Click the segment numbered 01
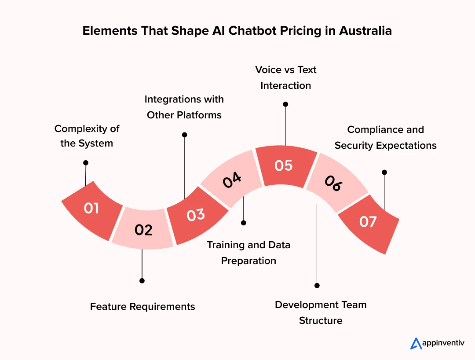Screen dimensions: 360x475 pyautogui.click(x=92, y=209)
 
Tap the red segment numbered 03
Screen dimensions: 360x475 pyautogui.click(x=196, y=215)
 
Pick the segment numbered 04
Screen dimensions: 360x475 pyautogui.click(x=231, y=180)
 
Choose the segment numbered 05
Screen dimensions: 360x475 pyautogui.click(x=284, y=166)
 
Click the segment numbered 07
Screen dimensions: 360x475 pyautogui.click(x=369, y=222)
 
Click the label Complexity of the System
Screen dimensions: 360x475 pyautogui.click(x=87, y=136)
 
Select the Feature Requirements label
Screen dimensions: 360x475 pyautogui.click(x=142, y=306)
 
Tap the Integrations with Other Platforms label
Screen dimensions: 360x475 pyautogui.click(x=184, y=107)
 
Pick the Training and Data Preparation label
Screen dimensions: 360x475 pyautogui.click(x=248, y=253)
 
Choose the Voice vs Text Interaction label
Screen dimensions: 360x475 pyautogui.click(x=286, y=77)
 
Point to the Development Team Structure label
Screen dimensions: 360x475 pyautogui.click(x=321, y=312)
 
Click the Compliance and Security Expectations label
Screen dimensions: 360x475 pyautogui.click(x=385, y=137)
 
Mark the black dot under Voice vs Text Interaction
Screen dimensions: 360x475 pyautogui.click(x=285, y=104)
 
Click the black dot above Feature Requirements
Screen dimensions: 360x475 pyautogui.click(x=142, y=280)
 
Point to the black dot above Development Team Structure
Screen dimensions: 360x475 pyautogui.click(x=317, y=285)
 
